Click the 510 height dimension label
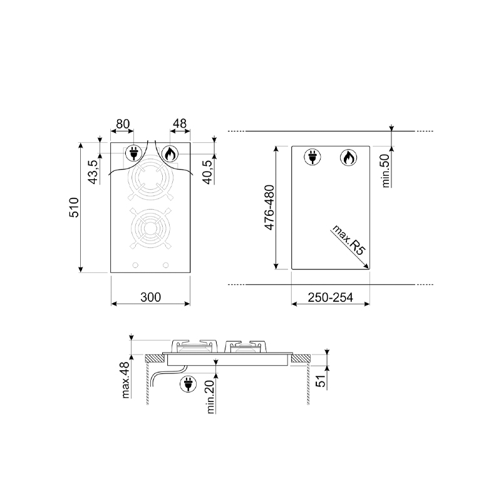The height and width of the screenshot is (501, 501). point(74,208)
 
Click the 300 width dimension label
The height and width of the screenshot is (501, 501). point(150,297)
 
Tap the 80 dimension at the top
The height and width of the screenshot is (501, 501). point(123,123)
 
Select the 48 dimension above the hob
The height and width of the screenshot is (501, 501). point(180,123)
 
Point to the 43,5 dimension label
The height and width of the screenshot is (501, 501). point(93,172)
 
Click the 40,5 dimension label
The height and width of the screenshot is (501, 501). point(208,172)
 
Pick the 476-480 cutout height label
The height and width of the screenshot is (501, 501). point(269,207)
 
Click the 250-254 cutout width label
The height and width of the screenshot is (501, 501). point(331,297)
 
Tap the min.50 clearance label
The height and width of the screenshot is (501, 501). point(386,171)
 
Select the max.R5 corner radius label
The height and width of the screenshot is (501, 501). point(348,240)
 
